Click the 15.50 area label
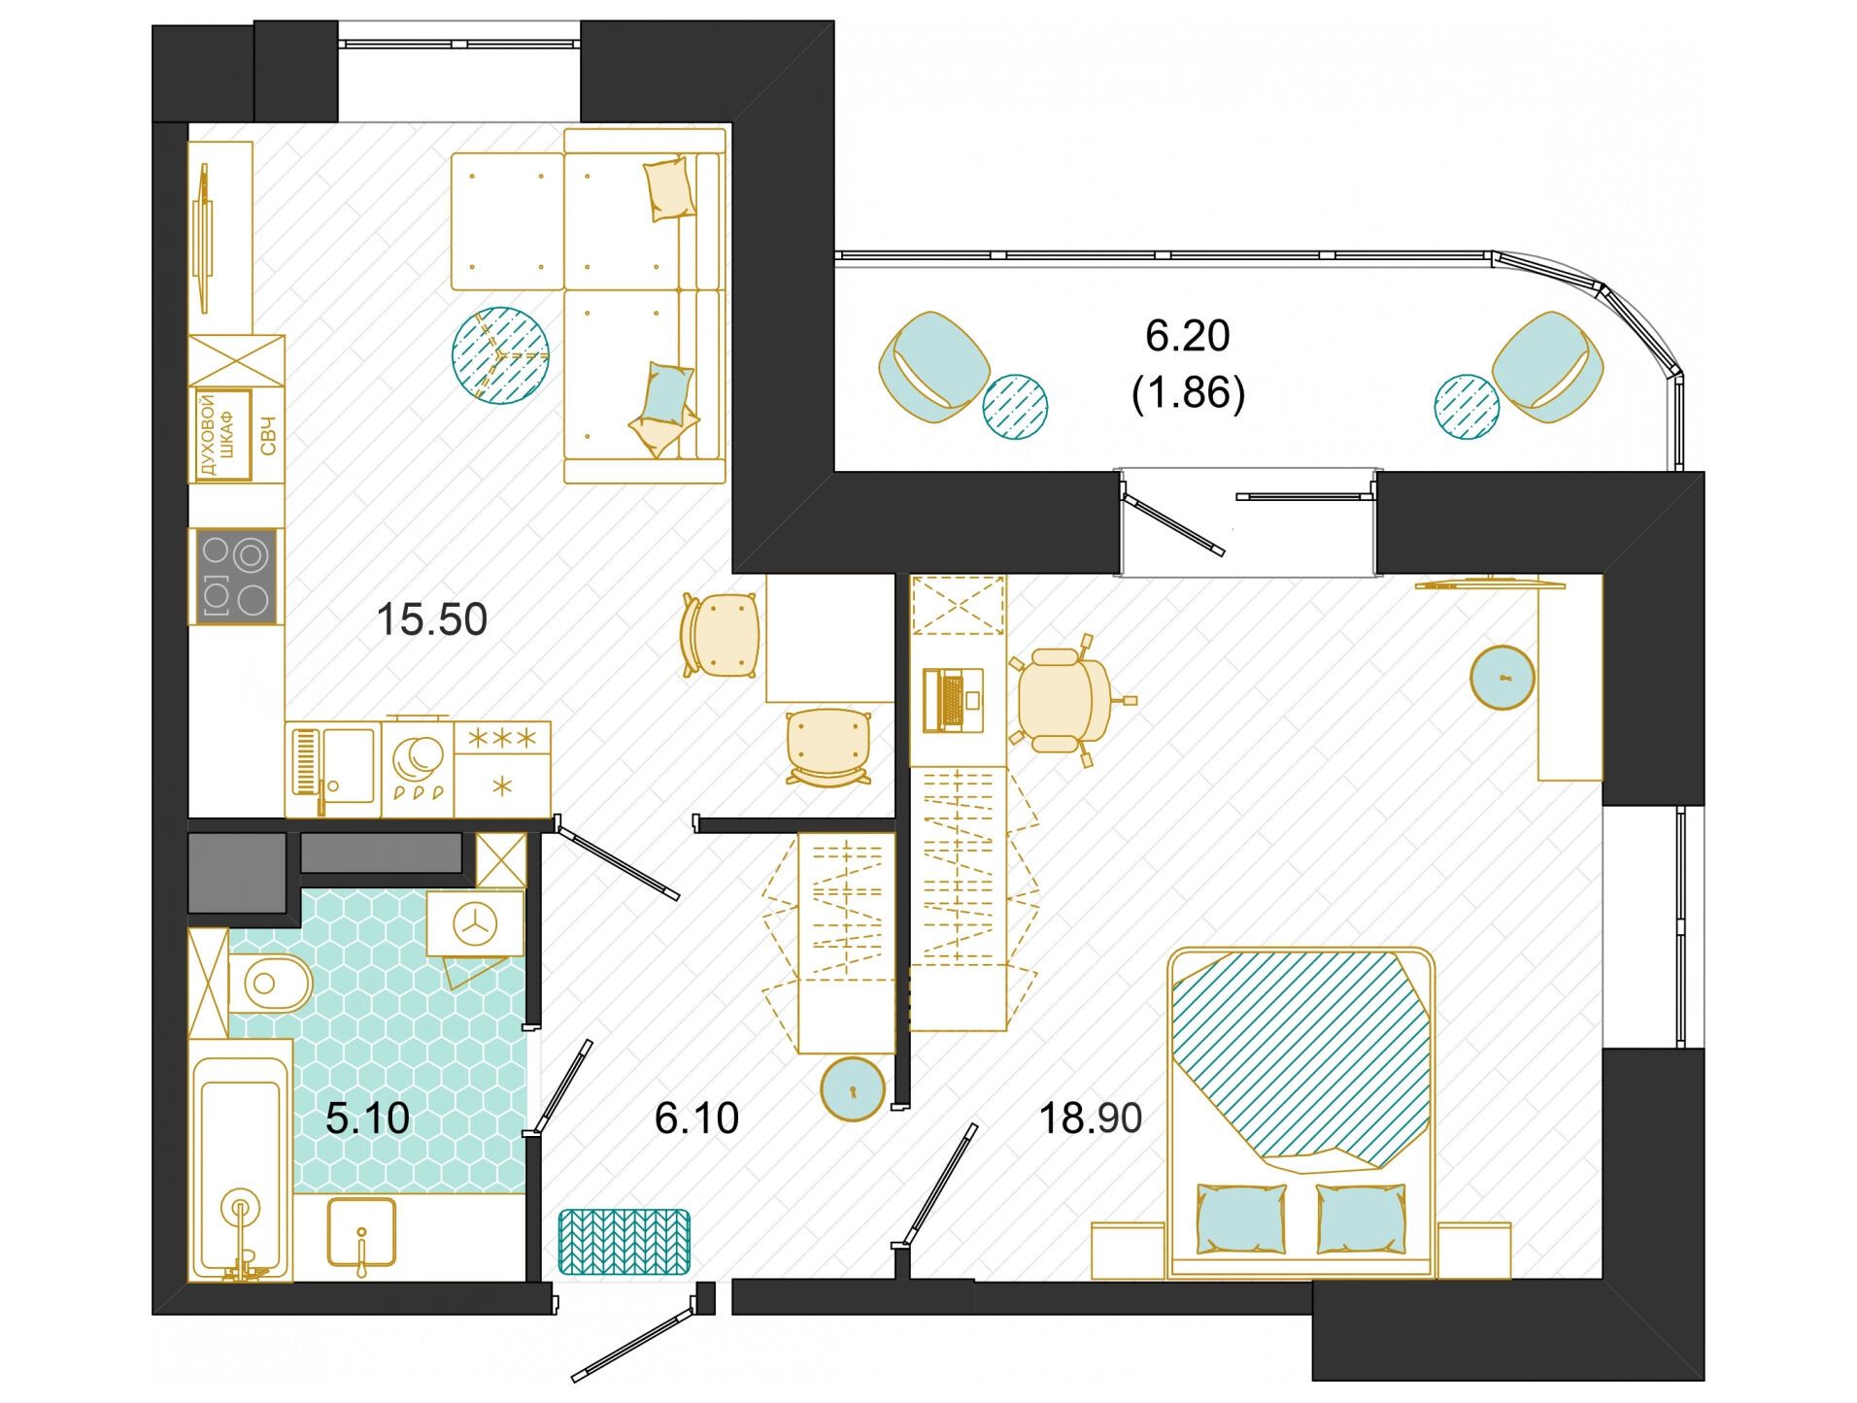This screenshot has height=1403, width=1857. click(x=431, y=619)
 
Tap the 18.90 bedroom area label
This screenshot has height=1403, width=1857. click(x=1090, y=1119)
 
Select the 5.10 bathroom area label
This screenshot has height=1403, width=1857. click(x=367, y=1119)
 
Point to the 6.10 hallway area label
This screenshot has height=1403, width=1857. click(x=696, y=1119)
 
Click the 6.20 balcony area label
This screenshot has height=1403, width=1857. click(x=1187, y=336)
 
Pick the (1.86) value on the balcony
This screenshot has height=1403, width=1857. click(x=1188, y=393)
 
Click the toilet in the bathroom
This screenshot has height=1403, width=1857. click(x=270, y=983)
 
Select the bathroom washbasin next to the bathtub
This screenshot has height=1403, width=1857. click(x=361, y=1232)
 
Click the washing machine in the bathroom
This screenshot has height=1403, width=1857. click(x=475, y=923)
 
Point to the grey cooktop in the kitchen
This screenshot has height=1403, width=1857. click(x=236, y=576)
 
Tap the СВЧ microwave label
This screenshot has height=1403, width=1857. click(x=268, y=435)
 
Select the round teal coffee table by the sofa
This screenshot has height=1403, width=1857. click(x=500, y=355)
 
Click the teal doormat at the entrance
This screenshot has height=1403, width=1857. click(x=624, y=1242)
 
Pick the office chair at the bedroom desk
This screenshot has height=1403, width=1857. click(x=1066, y=699)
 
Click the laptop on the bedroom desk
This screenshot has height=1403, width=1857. click(x=952, y=699)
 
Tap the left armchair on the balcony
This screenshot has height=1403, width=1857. click(x=933, y=367)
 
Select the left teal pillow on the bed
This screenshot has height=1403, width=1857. click(x=1241, y=1219)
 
